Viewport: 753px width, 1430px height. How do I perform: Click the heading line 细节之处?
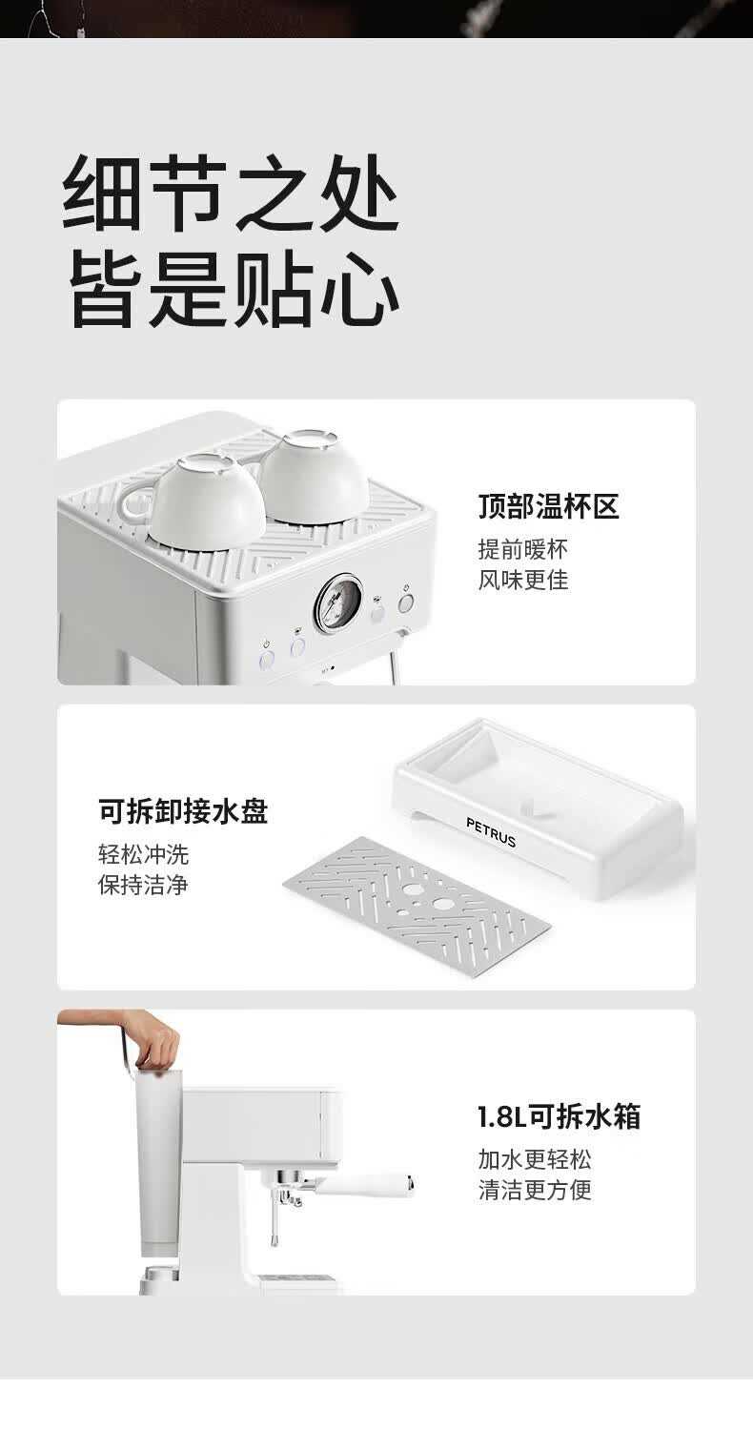pyautogui.click(x=231, y=193)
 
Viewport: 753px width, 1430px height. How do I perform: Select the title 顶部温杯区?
pyautogui.click(x=549, y=506)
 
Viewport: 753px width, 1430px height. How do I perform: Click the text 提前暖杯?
pyautogui.click(x=522, y=549)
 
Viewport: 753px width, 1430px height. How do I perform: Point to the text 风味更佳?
pyautogui.click(x=522, y=580)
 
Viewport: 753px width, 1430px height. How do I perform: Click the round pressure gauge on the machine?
pyautogui.click(x=338, y=603)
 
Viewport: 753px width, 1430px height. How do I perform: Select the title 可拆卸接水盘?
pyautogui.click(x=183, y=811)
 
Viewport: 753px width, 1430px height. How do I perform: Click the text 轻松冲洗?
pyautogui.click(x=144, y=854)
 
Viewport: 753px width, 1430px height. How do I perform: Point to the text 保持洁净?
pyautogui.click(x=144, y=885)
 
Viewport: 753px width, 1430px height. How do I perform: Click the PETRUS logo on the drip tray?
pyautogui.click(x=491, y=832)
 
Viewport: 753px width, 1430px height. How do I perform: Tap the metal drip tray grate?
pyautogui.click(x=417, y=906)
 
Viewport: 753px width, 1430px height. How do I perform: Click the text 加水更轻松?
pyautogui.click(x=535, y=1159)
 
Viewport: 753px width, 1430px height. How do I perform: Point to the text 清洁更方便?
pyautogui.click(x=535, y=1190)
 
